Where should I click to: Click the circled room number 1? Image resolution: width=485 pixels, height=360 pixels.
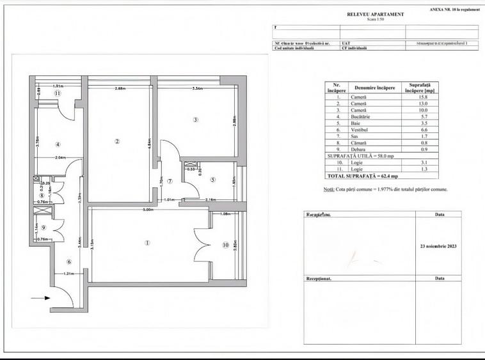tap(148, 242)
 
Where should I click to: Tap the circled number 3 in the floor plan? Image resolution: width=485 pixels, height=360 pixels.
tap(196, 120)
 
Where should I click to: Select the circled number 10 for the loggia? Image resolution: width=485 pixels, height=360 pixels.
tap(225, 245)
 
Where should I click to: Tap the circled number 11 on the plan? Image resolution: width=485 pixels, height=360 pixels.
tap(57, 93)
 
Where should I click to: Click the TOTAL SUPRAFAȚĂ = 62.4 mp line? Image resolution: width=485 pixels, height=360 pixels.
tap(362, 175)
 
